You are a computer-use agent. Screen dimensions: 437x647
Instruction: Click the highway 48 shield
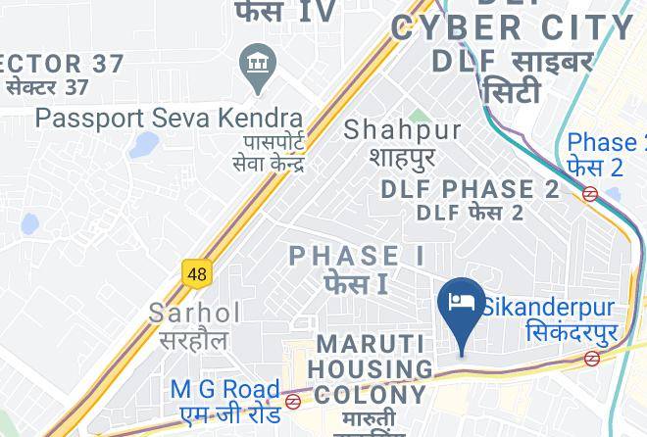197,273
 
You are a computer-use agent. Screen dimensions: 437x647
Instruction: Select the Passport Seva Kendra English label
169,118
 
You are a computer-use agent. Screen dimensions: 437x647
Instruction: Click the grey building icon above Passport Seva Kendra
259,65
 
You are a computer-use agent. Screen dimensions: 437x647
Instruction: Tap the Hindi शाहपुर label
402,156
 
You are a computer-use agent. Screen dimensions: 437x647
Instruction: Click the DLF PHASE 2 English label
471,189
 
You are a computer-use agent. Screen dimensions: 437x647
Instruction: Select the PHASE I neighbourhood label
358,257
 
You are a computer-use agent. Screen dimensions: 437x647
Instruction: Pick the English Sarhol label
194,314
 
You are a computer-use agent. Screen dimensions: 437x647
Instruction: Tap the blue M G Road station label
224,389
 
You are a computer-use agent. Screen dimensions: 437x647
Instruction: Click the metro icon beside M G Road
293,401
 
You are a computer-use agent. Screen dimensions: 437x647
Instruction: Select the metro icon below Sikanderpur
591,359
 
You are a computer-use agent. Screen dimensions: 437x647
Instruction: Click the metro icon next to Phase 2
590,194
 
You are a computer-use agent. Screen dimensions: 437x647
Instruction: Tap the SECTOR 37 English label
62,65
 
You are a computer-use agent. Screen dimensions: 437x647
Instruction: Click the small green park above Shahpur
417,118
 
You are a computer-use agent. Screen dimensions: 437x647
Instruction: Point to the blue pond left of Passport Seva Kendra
144,146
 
